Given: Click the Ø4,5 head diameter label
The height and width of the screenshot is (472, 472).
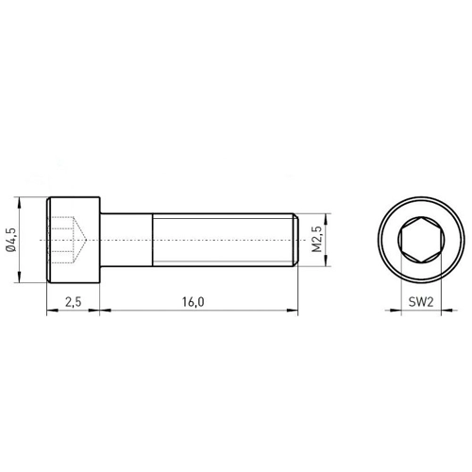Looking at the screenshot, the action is [10, 240].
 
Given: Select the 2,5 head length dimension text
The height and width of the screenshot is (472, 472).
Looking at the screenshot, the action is [74, 302].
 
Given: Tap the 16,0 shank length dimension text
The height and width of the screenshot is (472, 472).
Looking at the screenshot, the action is [194, 302].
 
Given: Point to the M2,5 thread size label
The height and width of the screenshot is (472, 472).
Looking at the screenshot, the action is [317, 240].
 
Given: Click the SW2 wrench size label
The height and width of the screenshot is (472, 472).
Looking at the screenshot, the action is [421, 302].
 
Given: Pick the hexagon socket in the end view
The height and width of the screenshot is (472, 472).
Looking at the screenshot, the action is [421, 240].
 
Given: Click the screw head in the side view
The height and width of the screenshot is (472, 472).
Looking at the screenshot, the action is [74, 240].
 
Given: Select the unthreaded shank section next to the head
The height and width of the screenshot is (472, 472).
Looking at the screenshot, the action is [126, 240].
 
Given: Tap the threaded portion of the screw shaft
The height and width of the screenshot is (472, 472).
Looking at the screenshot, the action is [223, 240].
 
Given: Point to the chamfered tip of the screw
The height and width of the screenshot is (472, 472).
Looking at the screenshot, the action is [295, 240].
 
